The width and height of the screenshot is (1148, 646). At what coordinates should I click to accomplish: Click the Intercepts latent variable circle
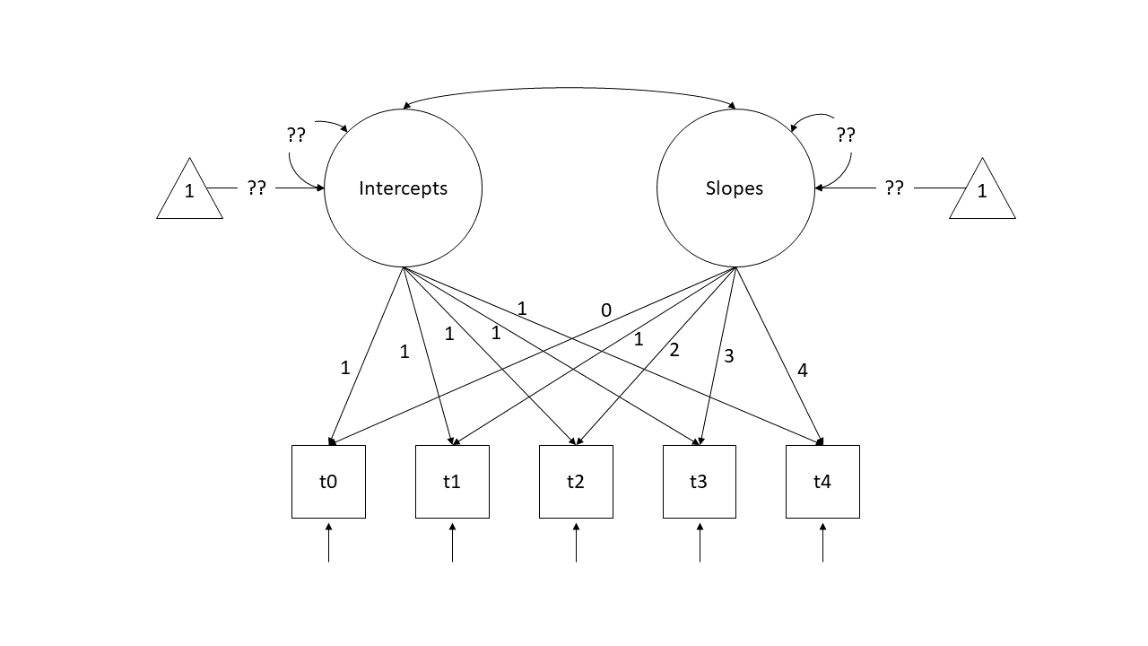403,188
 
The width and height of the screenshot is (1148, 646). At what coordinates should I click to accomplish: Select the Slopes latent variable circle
735,188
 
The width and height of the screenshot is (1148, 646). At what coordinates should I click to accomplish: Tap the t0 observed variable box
328,482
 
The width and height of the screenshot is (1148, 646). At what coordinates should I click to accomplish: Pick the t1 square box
452,482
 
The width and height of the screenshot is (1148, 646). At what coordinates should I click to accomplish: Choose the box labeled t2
576,482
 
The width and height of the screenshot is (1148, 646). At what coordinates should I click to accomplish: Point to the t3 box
699,482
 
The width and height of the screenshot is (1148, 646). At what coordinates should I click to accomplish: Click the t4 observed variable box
822,482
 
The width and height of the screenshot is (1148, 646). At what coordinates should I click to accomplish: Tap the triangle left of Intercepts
189,191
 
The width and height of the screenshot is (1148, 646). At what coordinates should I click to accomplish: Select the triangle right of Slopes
982,191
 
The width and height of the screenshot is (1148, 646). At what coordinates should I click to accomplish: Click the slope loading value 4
802,371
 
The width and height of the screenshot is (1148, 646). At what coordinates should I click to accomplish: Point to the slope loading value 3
728,356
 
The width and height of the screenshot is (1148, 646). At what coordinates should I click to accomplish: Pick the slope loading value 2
674,350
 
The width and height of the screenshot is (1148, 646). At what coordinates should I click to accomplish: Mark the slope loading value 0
606,310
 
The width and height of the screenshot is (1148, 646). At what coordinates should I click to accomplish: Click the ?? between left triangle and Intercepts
257,188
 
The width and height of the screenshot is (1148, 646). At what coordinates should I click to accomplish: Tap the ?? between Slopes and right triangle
894,188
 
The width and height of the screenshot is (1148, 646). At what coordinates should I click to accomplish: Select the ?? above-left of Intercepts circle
296,135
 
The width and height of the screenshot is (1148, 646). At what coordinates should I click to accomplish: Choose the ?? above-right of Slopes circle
846,135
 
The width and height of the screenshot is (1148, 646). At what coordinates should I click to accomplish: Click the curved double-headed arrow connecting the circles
570,88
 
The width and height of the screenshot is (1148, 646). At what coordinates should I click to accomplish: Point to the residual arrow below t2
576,543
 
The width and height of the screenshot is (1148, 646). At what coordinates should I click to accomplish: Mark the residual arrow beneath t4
822,543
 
